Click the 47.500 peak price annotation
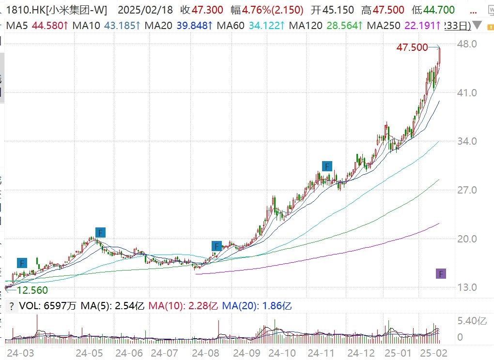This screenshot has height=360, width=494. tap(412, 47)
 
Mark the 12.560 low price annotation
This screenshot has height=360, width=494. tap(32, 290)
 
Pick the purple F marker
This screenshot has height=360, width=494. tap(441, 274)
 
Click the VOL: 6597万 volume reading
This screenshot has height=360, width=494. tap(47, 306)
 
